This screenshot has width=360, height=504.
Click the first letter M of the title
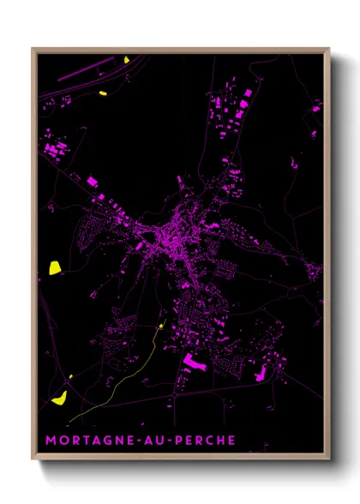[51, 440]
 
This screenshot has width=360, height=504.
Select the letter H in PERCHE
[219, 440]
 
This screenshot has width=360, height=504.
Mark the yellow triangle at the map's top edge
[126, 60]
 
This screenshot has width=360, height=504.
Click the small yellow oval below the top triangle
[103, 93]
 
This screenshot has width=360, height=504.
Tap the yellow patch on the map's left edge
[55, 267]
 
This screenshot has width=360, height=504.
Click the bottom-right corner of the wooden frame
[328, 460]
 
